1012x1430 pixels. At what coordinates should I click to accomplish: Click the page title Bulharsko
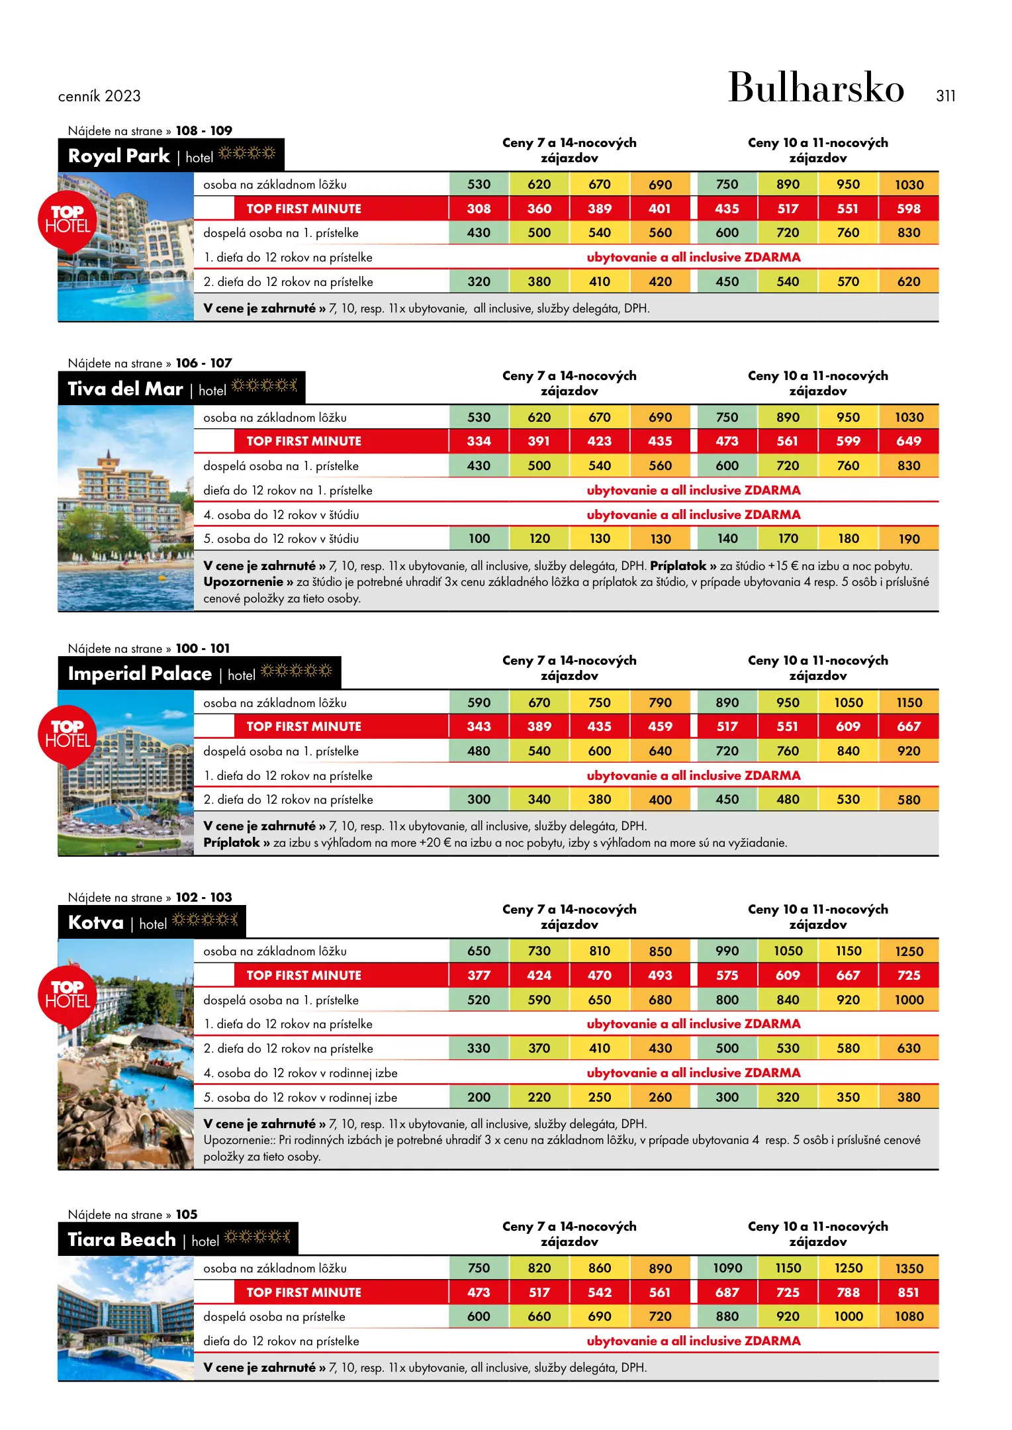coord(815,88)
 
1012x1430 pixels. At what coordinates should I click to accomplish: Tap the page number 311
coord(945,96)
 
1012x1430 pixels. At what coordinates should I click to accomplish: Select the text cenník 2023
coord(99,96)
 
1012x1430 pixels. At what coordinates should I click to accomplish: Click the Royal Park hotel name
coord(119,156)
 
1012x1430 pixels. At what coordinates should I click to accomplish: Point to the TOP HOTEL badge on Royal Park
coord(68,220)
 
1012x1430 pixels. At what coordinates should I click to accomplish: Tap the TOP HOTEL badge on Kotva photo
coord(68,995)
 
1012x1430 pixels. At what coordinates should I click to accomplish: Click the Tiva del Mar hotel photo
coord(126,508)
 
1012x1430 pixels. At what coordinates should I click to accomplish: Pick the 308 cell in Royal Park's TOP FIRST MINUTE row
coord(479,209)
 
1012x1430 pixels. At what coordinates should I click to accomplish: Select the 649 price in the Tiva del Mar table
coord(909,441)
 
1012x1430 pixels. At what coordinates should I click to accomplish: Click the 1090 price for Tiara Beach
coord(727,1268)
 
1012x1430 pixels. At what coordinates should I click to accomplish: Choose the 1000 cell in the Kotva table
coord(909,1000)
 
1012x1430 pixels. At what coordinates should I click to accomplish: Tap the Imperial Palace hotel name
coord(140,673)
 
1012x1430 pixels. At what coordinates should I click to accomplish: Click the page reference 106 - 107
coord(204,363)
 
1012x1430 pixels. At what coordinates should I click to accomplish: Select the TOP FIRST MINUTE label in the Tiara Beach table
coord(304,1292)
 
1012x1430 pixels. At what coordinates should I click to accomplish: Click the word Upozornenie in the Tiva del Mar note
coord(243,582)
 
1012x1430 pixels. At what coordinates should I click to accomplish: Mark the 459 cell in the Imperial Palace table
coord(660,726)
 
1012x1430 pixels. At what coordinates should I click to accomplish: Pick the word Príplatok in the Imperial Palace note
coord(232,843)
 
